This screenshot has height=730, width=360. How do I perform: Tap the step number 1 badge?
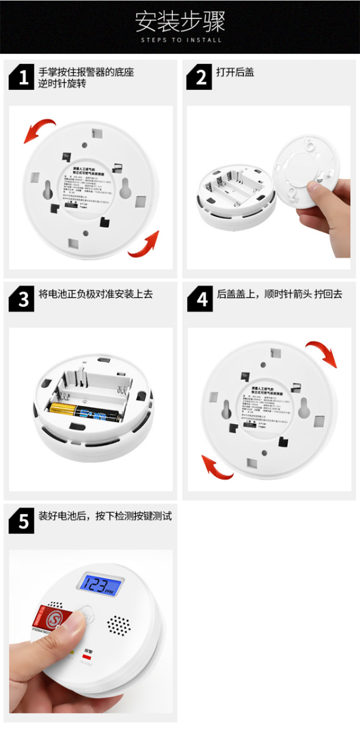click(x=22, y=77)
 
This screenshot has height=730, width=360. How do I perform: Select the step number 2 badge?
click(x=200, y=77)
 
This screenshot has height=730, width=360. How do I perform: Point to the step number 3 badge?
click(x=22, y=299)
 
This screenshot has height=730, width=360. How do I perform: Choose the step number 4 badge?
click(x=200, y=299)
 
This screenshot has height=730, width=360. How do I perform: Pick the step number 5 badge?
click(x=22, y=521)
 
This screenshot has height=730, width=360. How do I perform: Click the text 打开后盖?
click(x=235, y=72)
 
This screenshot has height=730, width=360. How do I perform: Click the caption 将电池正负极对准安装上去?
click(x=96, y=294)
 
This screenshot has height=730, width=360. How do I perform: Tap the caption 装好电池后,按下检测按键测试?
click(x=105, y=516)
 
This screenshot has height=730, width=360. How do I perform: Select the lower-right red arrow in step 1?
click(x=144, y=245)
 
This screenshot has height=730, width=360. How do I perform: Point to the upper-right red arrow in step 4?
click(x=322, y=352)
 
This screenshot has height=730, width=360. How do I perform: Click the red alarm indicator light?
click(x=87, y=655)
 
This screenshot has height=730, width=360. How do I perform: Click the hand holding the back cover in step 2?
click(x=326, y=211)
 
